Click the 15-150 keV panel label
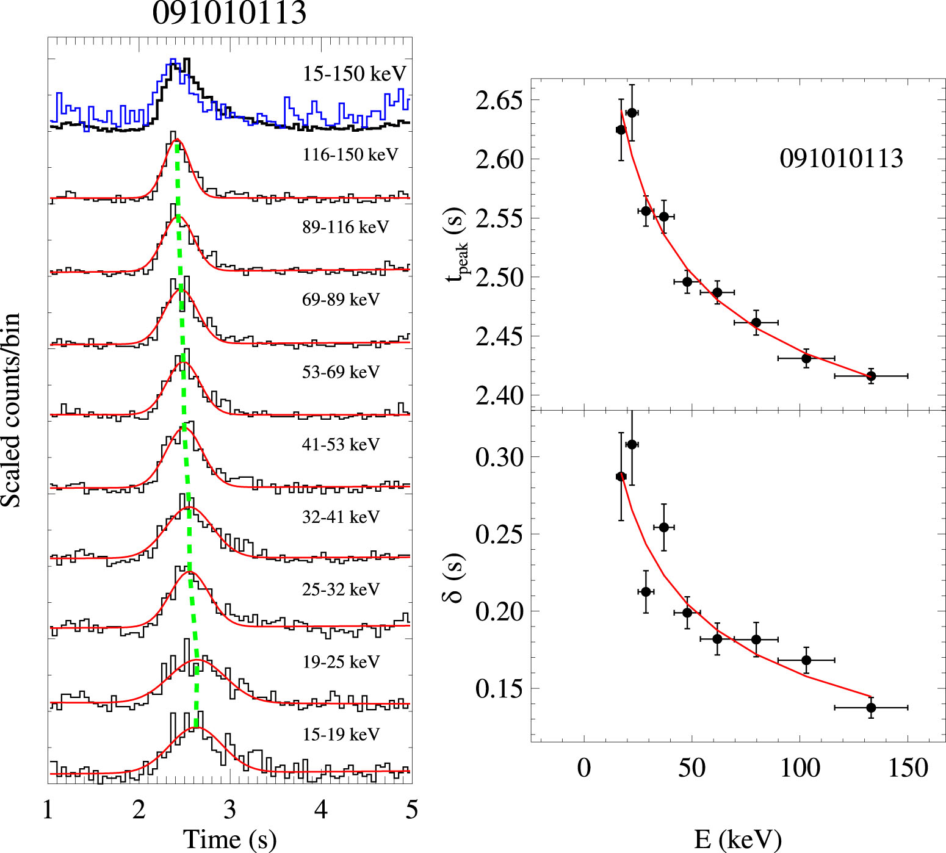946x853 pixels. point(354,74)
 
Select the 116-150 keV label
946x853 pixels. point(350,155)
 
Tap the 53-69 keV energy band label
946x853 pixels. point(341,372)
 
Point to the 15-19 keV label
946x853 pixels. point(341,735)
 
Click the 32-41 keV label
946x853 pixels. point(341,517)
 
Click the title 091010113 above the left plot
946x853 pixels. point(229,13)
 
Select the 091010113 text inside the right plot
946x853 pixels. point(841,159)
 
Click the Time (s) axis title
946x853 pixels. point(229,838)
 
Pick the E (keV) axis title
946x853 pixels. point(737,840)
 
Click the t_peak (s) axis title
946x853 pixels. point(457,244)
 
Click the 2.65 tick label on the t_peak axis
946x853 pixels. point(499,101)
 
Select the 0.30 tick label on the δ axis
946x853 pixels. point(499,457)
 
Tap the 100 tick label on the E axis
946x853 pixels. point(800,768)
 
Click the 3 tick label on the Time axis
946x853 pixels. point(229,810)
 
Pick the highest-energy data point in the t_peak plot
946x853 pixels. point(871,376)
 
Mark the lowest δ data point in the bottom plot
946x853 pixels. point(871,708)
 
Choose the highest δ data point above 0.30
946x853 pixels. point(632,444)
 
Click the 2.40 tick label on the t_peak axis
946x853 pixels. point(499,396)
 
